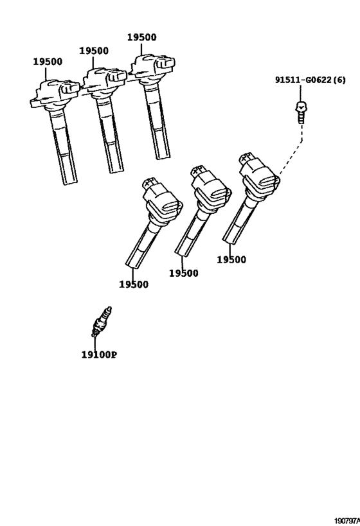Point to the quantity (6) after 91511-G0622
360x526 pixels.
tap(339, 80)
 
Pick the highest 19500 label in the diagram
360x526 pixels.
tap(141, 38)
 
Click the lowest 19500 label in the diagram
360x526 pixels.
tap(133, 285)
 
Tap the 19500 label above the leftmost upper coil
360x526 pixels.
tap(48, 62)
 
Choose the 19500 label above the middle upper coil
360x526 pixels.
tap(94, 50)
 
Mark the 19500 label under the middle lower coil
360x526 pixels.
tap(184, 273)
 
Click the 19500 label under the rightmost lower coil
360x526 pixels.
tap(231, 259)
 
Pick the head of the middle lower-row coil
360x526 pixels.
tap(208, 186)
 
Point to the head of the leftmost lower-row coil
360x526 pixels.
tap(161, 196)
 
